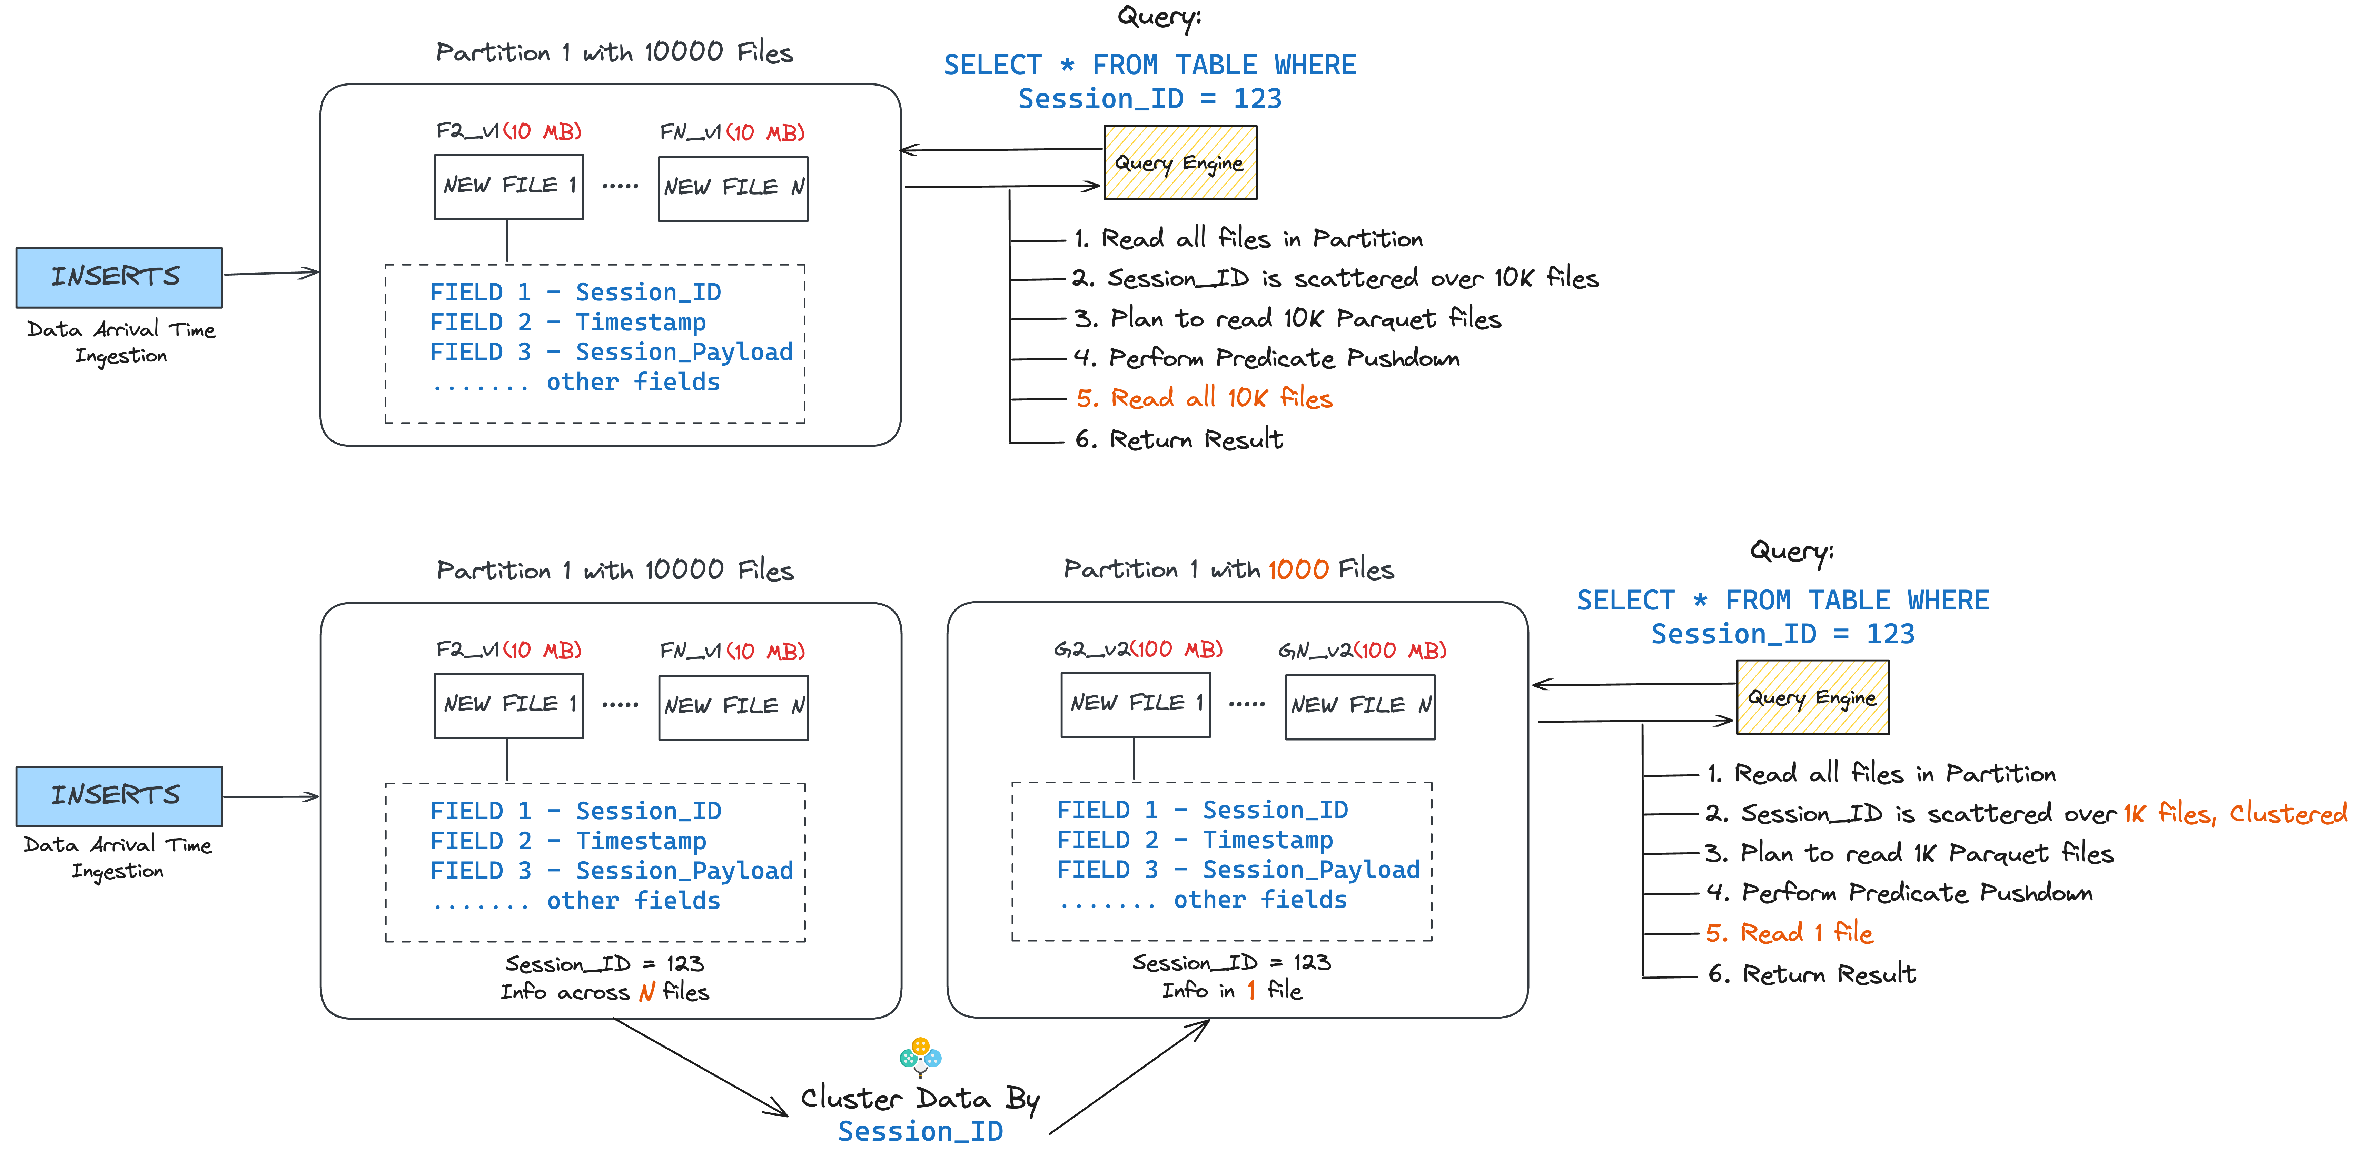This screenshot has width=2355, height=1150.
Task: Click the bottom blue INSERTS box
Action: tap(119, 795)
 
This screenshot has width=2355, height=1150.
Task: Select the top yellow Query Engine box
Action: tap(1179, 163)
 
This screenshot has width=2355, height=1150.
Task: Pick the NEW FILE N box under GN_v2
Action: tap(1359, 706)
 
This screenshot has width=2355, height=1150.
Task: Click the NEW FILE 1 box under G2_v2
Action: tap(1136, 704)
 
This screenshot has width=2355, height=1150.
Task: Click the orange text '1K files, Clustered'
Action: tap(2234, 813)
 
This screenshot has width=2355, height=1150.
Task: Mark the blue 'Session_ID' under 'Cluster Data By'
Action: tap(921, 1131)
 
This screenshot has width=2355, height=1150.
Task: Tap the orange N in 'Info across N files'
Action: tap(646, 992)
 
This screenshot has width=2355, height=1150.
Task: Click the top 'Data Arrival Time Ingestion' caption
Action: tap(121, 342)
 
